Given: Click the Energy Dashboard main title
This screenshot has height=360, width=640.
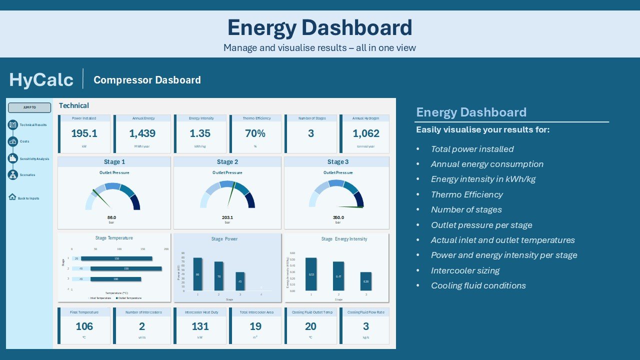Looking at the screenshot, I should coord(319,28).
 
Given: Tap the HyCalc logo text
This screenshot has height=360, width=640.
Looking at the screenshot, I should coord(41,80).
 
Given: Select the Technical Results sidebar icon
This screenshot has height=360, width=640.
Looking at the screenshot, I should coord(13,125).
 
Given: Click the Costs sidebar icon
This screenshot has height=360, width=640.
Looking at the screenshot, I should coord(13,141).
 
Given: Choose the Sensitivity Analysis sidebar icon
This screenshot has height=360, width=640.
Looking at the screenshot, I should coord(13,158).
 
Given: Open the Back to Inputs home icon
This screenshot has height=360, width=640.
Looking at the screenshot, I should coord(12,197).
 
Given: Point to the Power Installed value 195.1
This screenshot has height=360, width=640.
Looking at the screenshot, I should coord(84,133).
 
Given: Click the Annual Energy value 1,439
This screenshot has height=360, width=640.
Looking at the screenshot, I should coord(142,133).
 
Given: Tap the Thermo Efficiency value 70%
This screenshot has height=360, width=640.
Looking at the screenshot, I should coord(255,133).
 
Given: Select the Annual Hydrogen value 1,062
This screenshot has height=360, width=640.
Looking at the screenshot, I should coord(366,133).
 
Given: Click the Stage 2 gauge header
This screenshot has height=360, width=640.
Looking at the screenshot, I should coord(227,162).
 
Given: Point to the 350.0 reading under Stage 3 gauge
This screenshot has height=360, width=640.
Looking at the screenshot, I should coord(338,217).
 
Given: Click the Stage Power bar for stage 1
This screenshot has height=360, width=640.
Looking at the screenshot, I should coord(197,274).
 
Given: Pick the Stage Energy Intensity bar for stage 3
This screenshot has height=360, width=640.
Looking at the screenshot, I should coord(366,281).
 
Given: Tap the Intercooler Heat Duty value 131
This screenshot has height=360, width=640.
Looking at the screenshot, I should coord(200,326).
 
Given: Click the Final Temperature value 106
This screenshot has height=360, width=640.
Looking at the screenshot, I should coord(84,326).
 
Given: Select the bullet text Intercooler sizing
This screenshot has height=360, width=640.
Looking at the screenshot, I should coord(465,270).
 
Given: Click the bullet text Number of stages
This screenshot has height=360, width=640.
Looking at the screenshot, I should coord(466,209).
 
